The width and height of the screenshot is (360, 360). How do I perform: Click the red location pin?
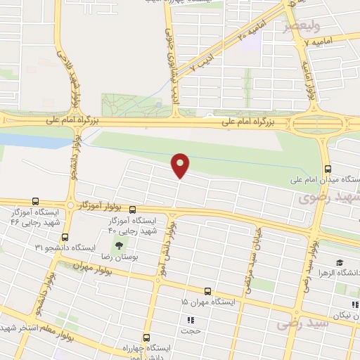pos(181,165)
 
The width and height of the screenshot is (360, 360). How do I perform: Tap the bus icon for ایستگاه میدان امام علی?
pos(328,169)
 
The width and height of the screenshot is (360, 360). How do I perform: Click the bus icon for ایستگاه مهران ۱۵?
pos(207,290)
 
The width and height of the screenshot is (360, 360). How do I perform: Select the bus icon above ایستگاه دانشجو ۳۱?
pos(65,237)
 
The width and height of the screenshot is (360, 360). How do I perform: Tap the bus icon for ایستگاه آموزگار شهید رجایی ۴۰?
pos(132,210)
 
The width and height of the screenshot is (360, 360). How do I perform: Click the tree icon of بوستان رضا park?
pos(118,245)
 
